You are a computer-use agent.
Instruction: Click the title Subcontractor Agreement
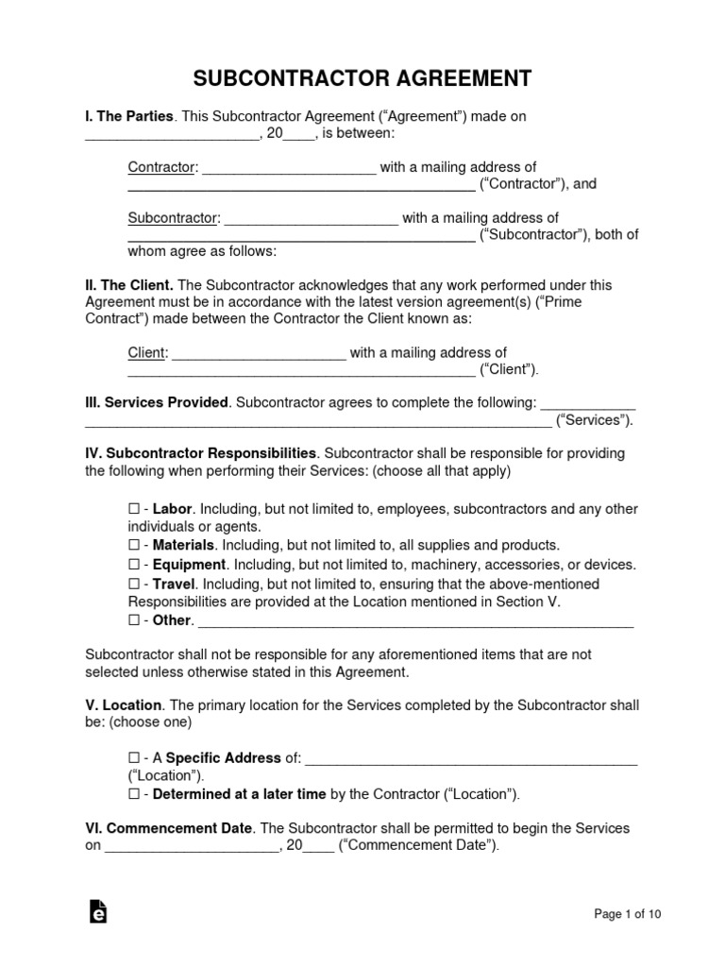(x=362, y=76)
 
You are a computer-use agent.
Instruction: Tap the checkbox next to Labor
(x=133, y=510)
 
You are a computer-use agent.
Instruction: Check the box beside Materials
(x=133, y=546)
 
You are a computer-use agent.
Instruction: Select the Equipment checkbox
(x=133, y=566)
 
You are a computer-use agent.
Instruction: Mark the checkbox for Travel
(x=133, y=585)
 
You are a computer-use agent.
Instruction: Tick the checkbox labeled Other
(x=133, y=621)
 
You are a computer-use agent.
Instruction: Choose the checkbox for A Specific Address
(x=133, y=758)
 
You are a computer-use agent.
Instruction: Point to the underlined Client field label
(x=147, y=353)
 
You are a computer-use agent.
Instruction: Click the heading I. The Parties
(x=129, y=117)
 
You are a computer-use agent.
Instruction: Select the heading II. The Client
(x=129, y=284)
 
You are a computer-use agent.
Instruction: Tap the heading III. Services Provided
(x=157, y=403)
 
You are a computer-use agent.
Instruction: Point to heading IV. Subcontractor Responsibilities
(x=201, y=454)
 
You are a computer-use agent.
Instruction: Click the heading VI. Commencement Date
(x=169, y=829)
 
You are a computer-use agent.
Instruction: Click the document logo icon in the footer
(x=97, y=911)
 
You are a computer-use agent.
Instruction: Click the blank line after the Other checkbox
(x=415, y=621)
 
